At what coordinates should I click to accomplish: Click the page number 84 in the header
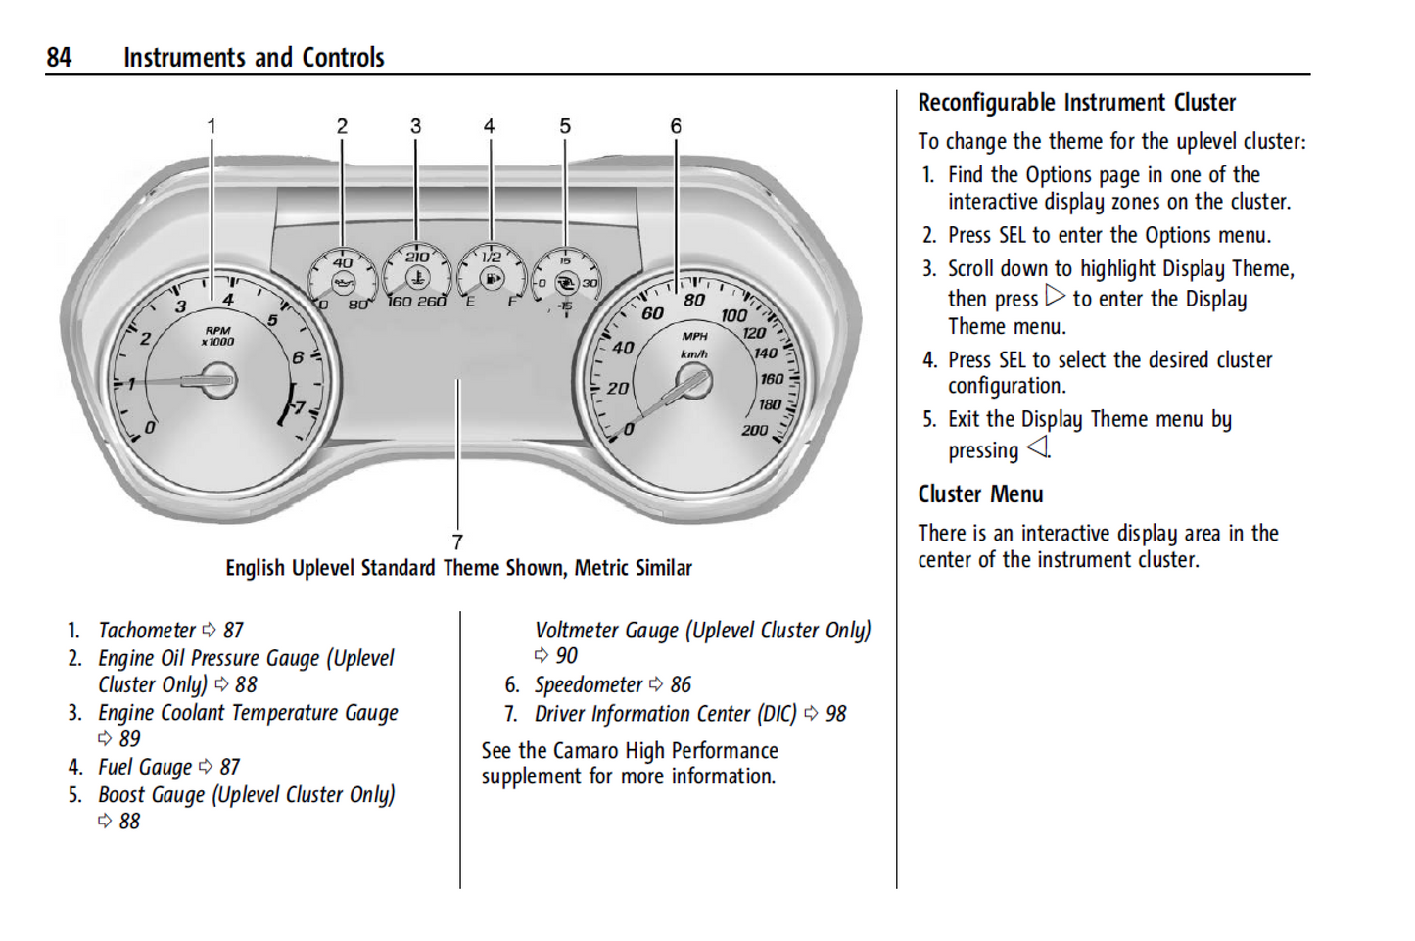coord(59,58)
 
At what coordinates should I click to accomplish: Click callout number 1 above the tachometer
coord(212,126)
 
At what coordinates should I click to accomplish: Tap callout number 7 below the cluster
coord(457,541)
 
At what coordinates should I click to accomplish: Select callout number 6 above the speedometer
coord(676,126)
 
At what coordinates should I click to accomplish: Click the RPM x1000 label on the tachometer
coord(217,336)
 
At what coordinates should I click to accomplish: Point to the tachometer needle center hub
coord(216,380)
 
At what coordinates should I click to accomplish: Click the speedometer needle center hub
coord(693,381)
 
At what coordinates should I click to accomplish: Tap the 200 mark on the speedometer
coord(754,430)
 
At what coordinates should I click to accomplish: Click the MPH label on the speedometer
coord(694,336)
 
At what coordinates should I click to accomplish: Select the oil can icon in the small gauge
coord(343,283)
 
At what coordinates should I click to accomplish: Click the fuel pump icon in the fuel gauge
coord(492,280)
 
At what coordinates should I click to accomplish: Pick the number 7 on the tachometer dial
coord(300,407)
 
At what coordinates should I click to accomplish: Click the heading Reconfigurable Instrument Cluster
coord(1076,103)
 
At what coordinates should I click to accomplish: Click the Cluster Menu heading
coord(980,494)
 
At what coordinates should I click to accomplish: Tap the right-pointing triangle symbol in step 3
coord(1055,296)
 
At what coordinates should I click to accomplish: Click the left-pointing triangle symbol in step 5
coord(1037,447)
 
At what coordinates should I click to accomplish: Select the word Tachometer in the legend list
coord(147,631)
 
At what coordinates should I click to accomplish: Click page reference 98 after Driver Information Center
coord(835,714)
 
